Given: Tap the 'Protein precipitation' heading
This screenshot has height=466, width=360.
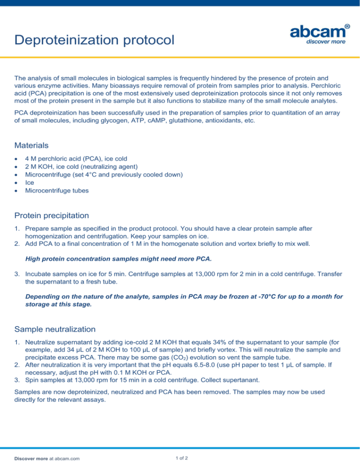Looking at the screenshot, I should click(52, 216).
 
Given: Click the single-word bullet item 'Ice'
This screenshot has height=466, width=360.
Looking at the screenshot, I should click(29, 183).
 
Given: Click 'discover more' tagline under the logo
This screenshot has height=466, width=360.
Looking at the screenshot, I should click(326, 42).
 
